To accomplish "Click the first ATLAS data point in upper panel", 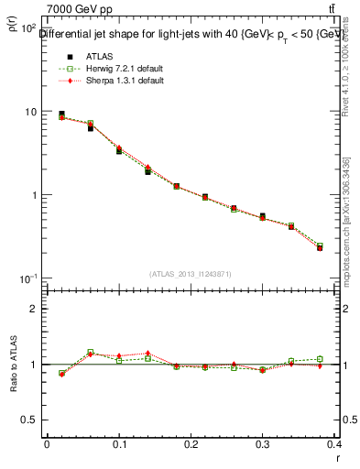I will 61,115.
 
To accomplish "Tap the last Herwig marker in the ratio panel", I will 344,359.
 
